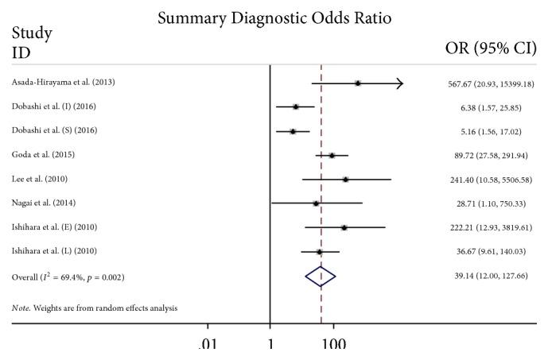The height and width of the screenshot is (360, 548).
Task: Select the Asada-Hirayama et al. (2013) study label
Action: click(67, 83)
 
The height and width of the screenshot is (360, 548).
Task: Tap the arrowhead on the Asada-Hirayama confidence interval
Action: click(399, 83)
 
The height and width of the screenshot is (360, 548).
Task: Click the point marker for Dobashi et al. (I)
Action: click(296, 106)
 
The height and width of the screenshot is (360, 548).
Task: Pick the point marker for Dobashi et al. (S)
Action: click(293, 131)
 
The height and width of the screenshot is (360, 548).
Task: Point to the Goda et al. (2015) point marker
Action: click(332, 155)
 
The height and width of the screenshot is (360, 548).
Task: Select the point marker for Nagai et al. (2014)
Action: click(316, 203)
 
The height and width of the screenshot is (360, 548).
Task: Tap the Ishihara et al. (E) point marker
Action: click(344, 227)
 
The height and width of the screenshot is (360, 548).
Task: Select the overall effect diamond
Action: click(321, 276)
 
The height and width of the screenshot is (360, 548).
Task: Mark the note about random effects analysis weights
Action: click(95, 307)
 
